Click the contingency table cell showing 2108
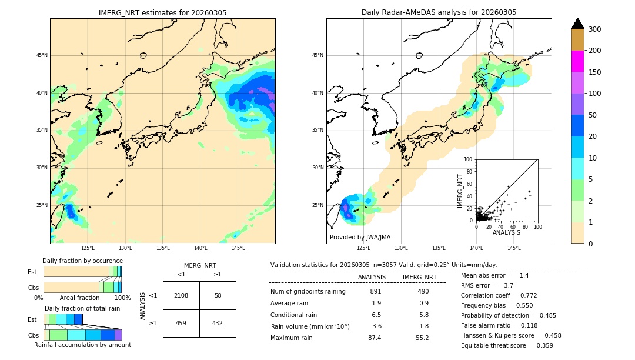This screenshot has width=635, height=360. (x=181, y=295)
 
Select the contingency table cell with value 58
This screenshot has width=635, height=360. (x=218, y=295)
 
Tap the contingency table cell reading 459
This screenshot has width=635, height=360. (x=181, y=323)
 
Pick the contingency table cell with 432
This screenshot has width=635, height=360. (x=218, y=323)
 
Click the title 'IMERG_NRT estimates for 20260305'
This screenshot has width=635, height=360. (x=162, y=13)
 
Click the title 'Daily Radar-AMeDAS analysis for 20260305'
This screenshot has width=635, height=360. (x=439, y=13)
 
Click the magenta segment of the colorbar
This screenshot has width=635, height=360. (x=577, y=61)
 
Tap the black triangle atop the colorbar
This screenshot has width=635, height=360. (x=577, y=24)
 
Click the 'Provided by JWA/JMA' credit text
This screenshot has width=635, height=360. (x=360, y=238)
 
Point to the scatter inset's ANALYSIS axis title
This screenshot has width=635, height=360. (x=506, y=233)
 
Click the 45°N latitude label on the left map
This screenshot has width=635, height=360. (x=41, y=56)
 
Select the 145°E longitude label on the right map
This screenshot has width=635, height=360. (x=514, y=249)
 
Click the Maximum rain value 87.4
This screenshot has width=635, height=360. (x=375, y=338)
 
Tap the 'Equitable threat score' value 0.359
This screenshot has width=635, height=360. (x=540, y=346)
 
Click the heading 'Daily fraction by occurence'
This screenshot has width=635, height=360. (x=82, y=261)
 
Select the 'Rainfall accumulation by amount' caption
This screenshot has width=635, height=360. (x=82, y=345)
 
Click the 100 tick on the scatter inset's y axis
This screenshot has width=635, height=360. (x=469, y=159)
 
